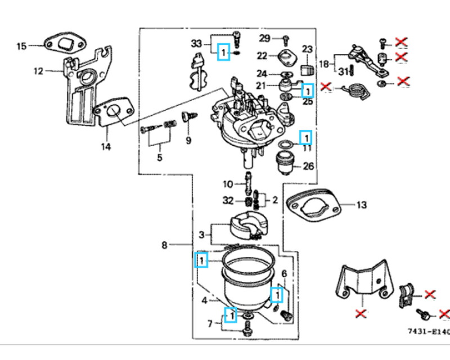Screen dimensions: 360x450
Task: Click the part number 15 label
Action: [x=21, y=46]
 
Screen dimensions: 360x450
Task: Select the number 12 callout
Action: [x=38, y=71]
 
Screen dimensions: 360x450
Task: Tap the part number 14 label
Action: [x=106, y=147]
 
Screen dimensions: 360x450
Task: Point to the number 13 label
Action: [x=361, y=205]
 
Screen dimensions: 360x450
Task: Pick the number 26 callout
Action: [x=308, y=166]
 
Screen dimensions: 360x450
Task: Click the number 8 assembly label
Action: [x=164, y=245]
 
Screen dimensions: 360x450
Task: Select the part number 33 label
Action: [x=196, y=43]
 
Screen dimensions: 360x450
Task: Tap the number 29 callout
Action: [x=264, y=38]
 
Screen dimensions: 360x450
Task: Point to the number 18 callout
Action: [x=325, y=64]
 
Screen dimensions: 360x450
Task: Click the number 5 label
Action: [x=159, y=157]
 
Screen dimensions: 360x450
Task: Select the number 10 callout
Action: [x=227, y=184]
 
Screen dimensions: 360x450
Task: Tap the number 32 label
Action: [x=227, y=200]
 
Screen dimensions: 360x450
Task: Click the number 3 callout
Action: [x=201, y=233]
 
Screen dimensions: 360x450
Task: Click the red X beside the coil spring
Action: [x=325, y=87]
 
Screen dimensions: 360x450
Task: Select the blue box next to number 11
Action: [x=306, y=137]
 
